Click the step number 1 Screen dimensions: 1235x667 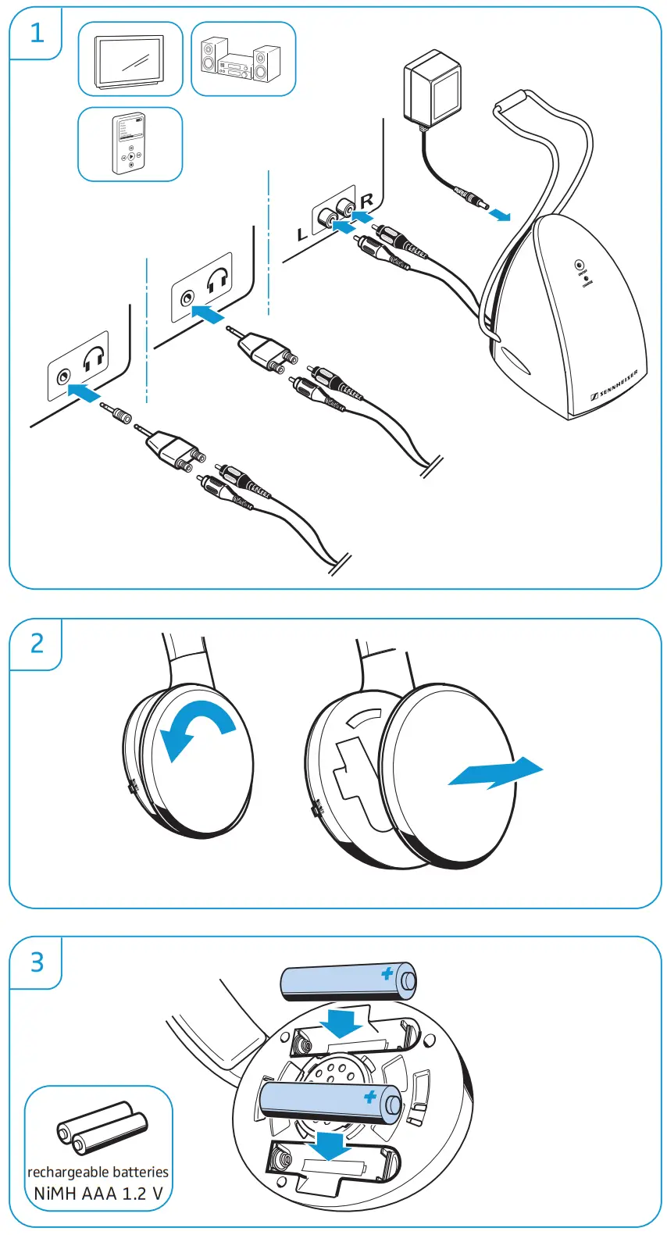coord(36,32)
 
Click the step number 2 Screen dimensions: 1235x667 coord(36,644)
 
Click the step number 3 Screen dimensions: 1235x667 coord(36,962)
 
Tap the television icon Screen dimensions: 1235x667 coord(130,59)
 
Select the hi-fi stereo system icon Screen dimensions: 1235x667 coord(242,60)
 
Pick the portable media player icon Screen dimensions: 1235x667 coord(130,145)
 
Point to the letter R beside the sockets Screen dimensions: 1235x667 coord(367,202)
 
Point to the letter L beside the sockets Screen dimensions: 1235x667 coord(303,234)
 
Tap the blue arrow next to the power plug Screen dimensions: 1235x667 coord(500,213)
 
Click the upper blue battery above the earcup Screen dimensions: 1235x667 coord(348,981)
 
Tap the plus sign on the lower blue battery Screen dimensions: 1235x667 coord(370,1097)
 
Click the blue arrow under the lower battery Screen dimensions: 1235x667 coord(329,1147)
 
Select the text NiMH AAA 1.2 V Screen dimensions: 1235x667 coord(98,1194)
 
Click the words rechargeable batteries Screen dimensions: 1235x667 coord(98,1172)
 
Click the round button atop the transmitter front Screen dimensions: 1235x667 coord(580,266)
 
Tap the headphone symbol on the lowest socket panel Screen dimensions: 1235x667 coord(95,359)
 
